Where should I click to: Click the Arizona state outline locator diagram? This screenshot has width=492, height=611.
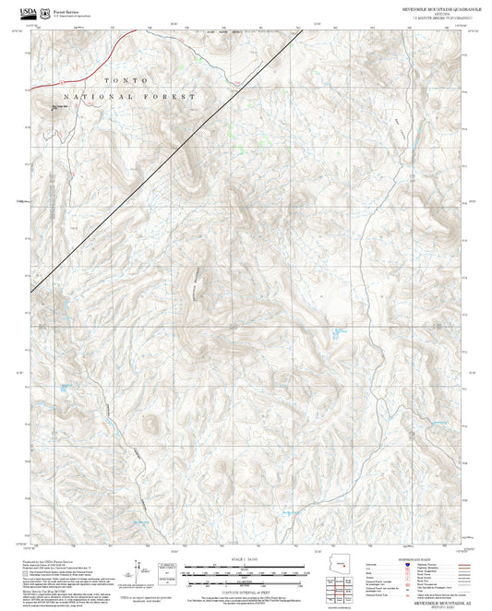tap(345, 566)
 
